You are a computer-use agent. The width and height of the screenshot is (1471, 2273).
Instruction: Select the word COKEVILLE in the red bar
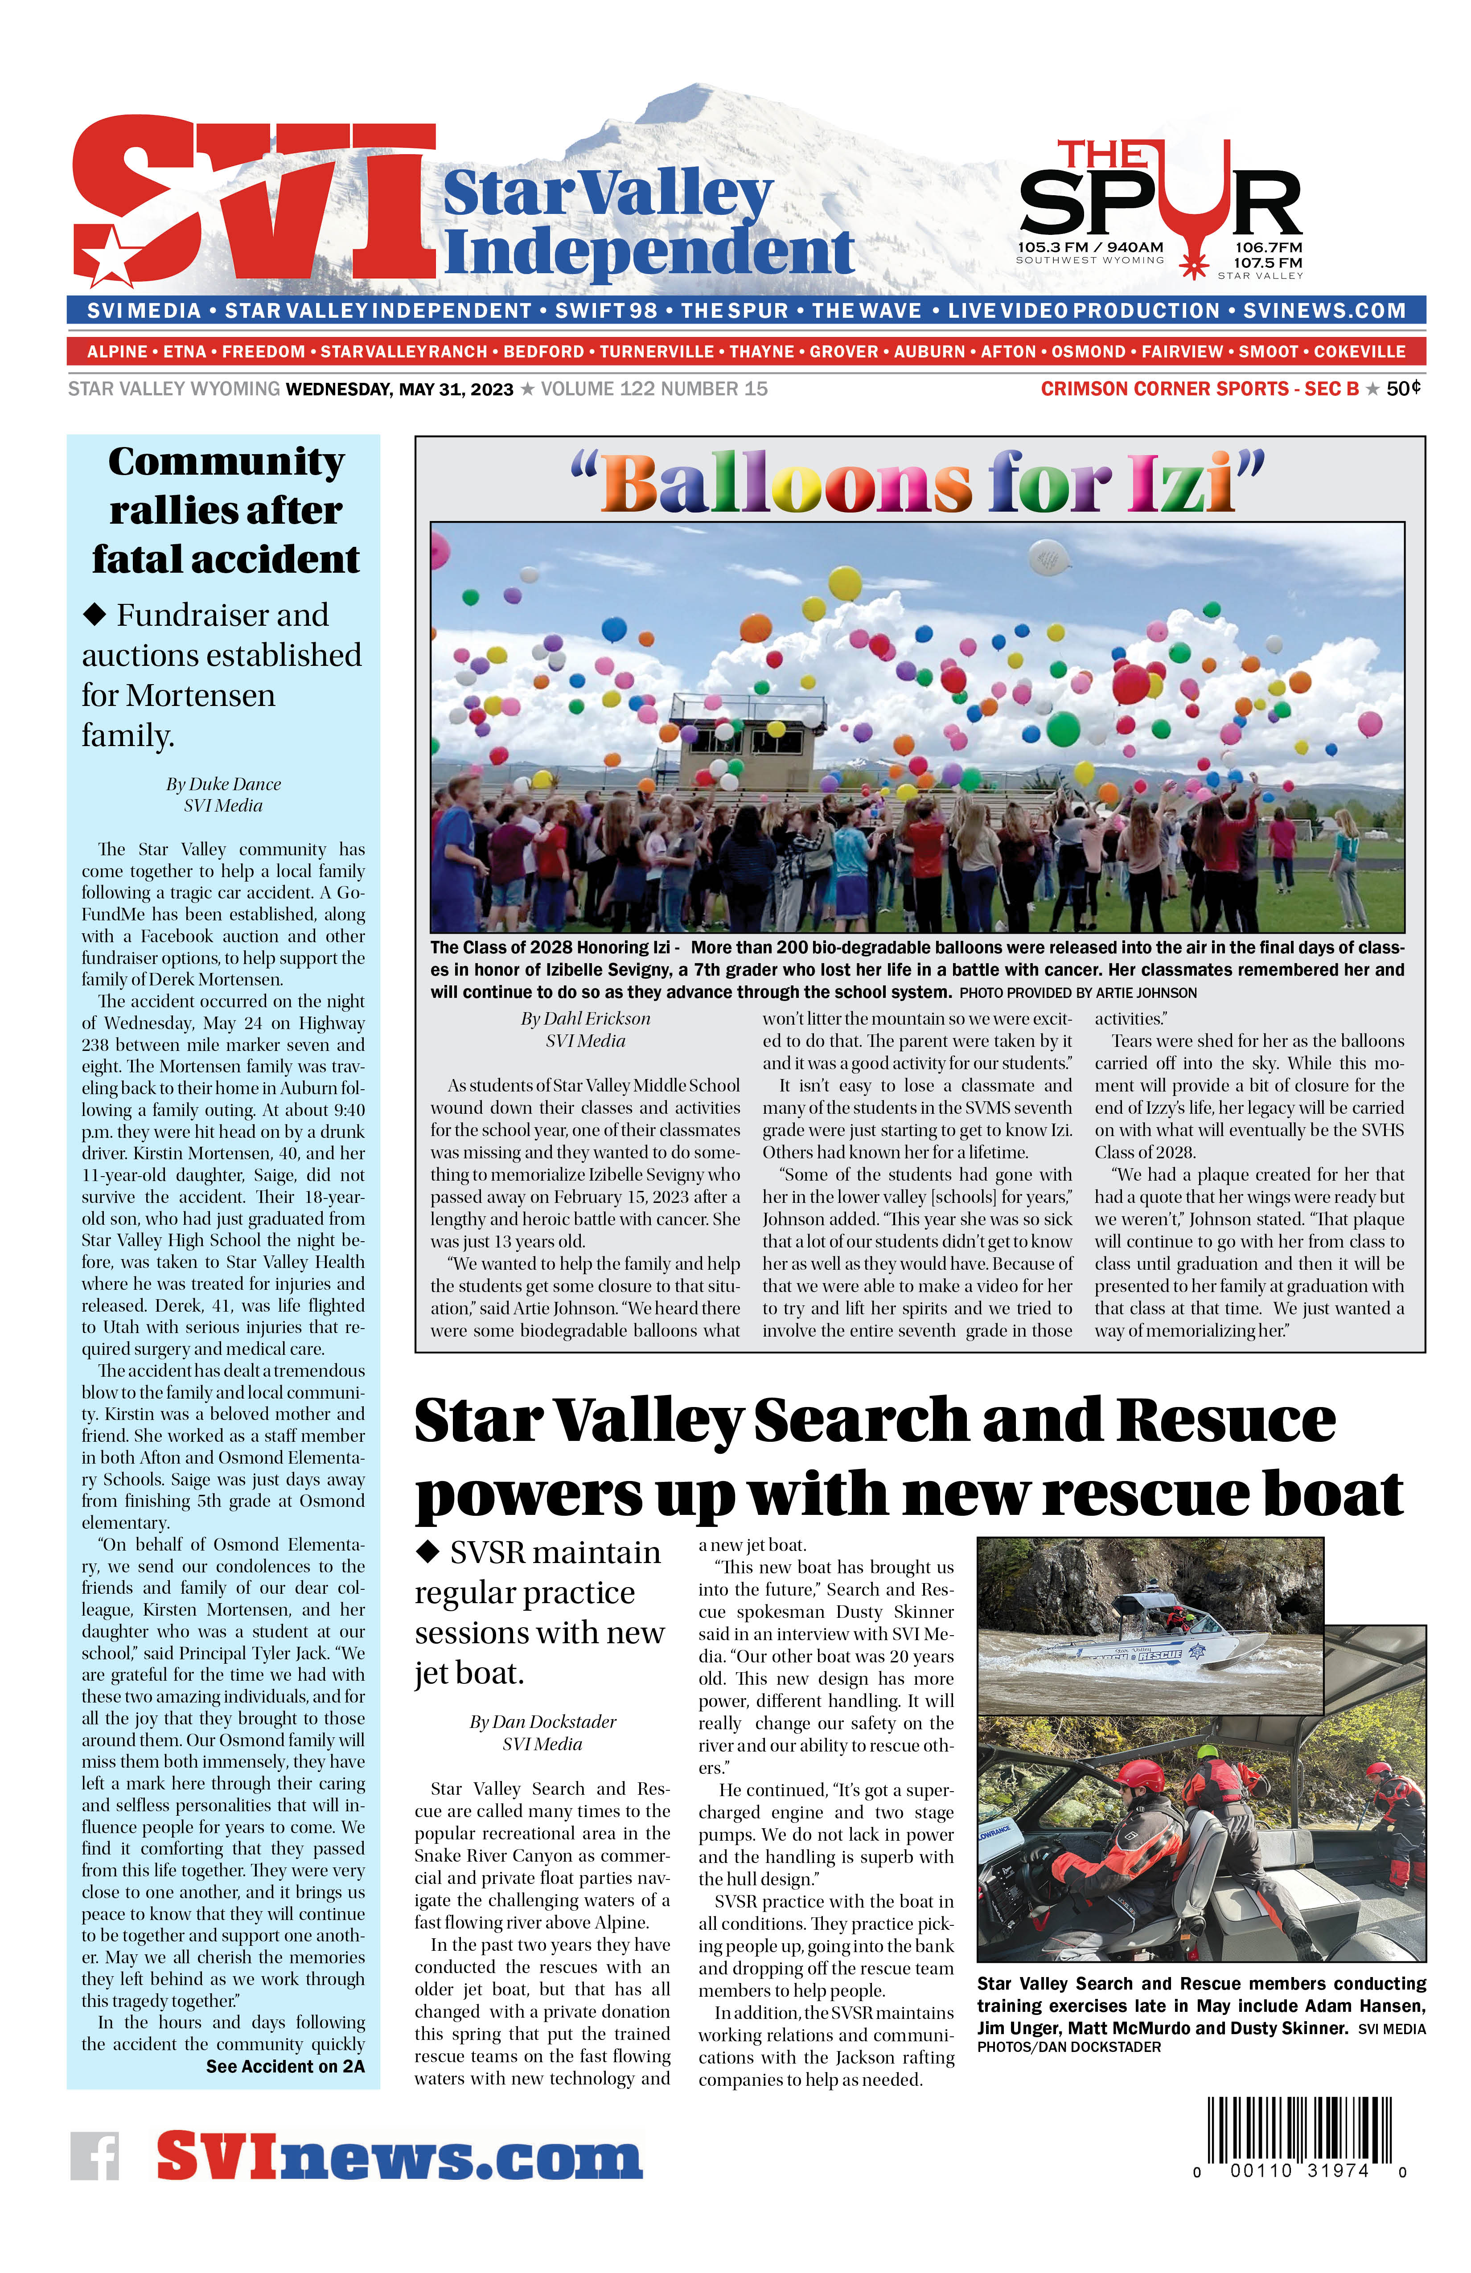coord(1359,352)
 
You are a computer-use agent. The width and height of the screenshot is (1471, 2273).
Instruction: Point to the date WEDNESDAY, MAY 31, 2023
coord(399,390)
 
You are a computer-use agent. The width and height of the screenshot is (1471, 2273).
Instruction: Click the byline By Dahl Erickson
coord(586,1019)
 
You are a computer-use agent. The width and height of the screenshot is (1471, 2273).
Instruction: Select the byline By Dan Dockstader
coord(542,1722)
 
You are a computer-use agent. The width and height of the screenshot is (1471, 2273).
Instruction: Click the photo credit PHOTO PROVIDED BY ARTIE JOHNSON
coord(1077,993)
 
